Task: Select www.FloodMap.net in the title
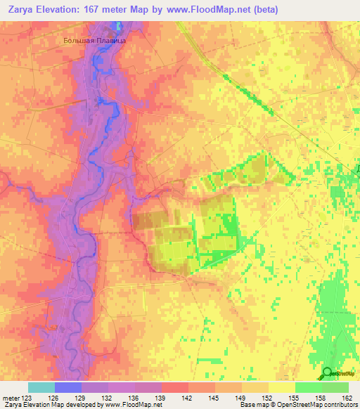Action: pos(210,9)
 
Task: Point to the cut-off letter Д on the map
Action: pos(356,169)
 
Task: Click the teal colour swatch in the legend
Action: pos(41,387)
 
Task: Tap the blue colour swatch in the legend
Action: pos(68,387)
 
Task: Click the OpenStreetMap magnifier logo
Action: pos(327,374)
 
